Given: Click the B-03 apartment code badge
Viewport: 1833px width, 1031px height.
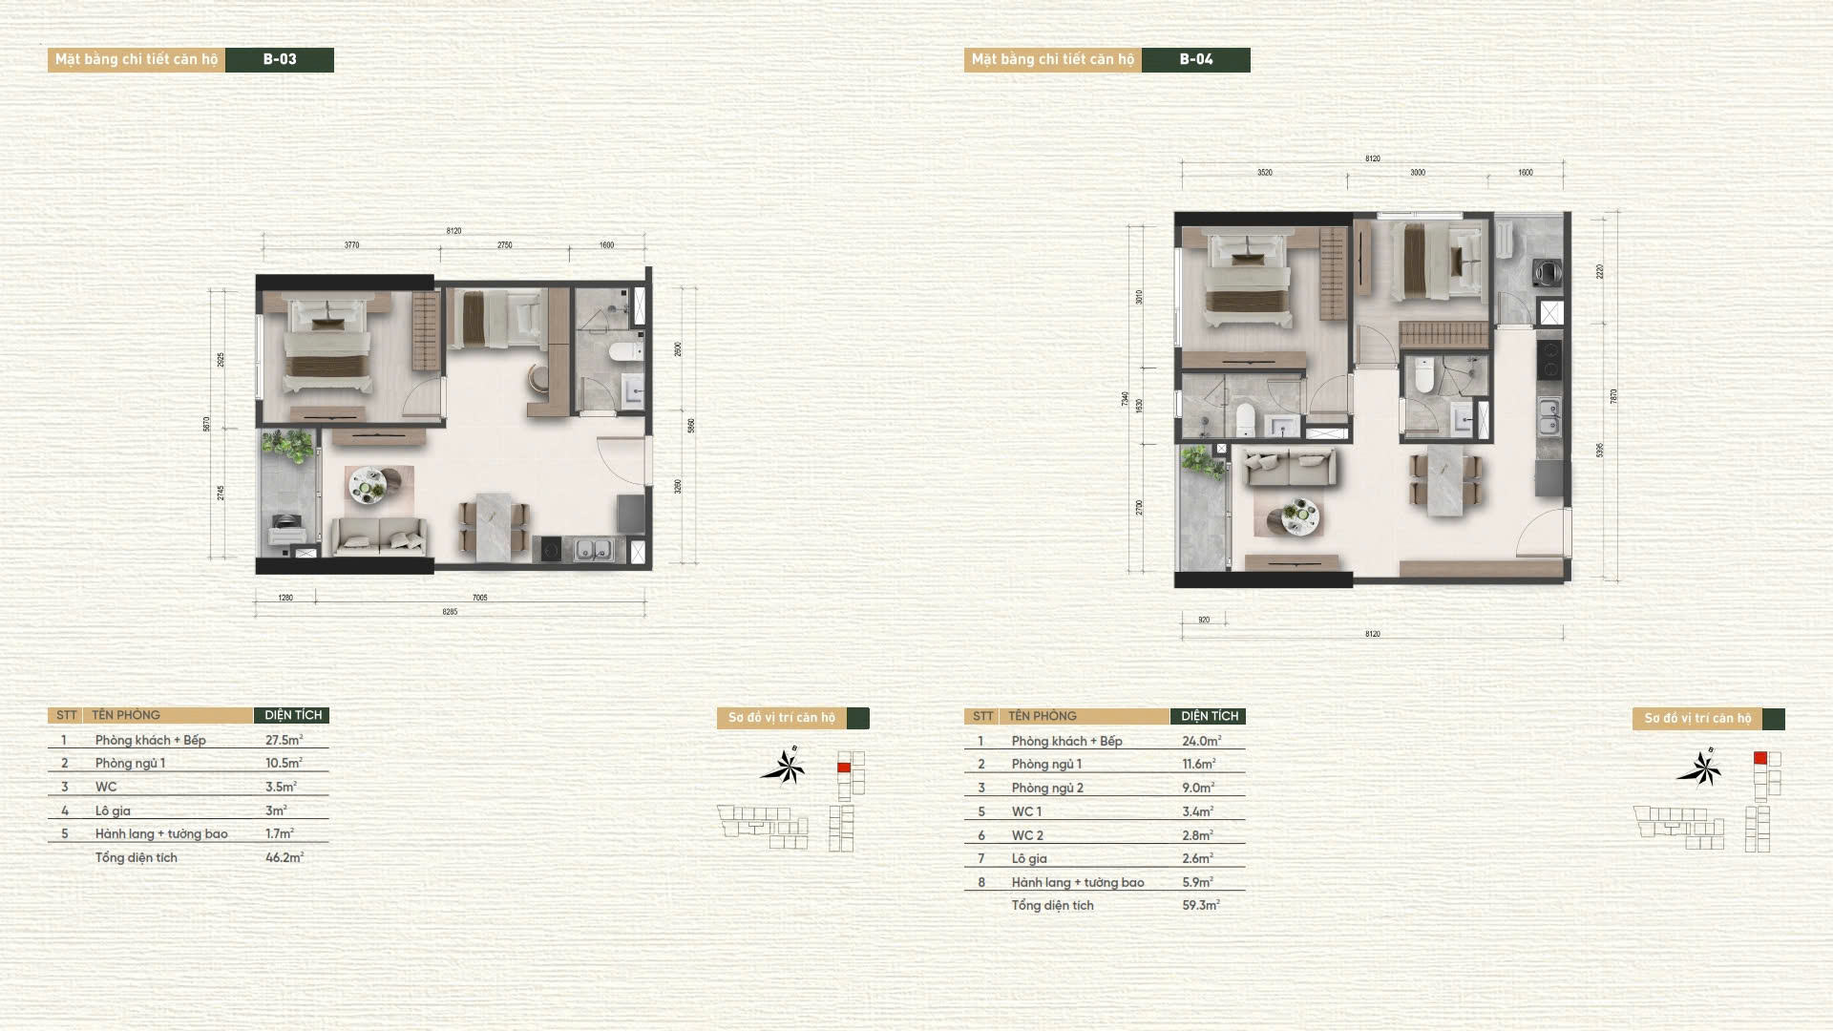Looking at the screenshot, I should click(280, 59).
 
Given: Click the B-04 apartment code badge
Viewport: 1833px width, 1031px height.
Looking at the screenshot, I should click(1195, 59).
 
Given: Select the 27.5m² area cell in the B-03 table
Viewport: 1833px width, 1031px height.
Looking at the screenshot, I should click(284, 740).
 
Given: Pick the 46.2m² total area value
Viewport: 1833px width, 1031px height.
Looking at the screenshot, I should click(284, 857).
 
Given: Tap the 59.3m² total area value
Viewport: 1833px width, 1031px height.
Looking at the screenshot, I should click(1200, 905).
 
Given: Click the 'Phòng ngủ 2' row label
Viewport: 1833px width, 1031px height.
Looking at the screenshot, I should click(1047, 788).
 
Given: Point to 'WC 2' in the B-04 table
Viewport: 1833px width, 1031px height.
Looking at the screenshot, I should click(1027, 835).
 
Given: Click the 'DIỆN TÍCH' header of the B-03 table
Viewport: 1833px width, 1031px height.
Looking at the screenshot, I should click(292, 715).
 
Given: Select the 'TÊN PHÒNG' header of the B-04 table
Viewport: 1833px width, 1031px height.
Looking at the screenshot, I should click(1042, 716).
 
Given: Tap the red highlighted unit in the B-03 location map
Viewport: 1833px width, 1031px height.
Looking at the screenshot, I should click(844, 768).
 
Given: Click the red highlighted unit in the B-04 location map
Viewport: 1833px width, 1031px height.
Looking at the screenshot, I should click(1760, 758).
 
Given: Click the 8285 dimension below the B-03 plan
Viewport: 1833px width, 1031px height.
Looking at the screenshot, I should click(450, 612).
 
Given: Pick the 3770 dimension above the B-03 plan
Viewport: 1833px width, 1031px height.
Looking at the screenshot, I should click(351, 245).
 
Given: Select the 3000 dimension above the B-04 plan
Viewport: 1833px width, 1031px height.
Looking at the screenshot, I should click(1418, 173).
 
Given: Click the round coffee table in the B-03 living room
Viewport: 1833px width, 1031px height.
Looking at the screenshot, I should click(368, 484).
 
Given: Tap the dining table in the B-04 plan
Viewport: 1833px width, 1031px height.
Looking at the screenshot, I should click(1444, 482).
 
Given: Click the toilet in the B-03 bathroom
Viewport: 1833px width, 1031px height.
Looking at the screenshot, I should click(627, 352).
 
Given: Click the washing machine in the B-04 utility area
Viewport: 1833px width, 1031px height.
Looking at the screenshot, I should click(1546, 273).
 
